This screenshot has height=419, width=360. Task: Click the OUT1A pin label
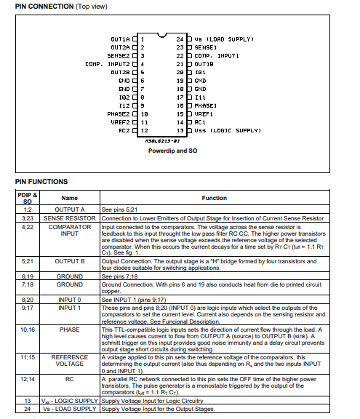(x=120, y=39)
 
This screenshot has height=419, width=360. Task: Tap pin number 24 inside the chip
(x=180, y=39)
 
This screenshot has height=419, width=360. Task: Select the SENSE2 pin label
(x=119, y=56)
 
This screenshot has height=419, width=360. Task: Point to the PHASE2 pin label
(x=119, y=114)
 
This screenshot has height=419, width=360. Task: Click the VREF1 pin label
(x=204, y=114)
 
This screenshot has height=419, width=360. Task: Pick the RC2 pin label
(x=124, y=131)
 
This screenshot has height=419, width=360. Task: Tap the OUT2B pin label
(x=120, y=73)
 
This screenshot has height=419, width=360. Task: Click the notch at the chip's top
(x=162, y=35)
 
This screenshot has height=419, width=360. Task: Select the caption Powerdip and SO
(x=173, y=151)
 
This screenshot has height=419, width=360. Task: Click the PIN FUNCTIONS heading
(x=41, y=182)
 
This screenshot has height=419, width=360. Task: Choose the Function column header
(x=215, y=198)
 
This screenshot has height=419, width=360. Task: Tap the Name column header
(x=69, y=198)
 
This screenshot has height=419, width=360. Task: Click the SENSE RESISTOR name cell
(x=69, y=218)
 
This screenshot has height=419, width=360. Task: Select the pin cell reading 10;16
(x=28, y=330)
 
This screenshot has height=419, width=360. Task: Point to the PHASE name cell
(x=69, y=330)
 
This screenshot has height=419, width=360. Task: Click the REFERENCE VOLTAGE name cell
(x=69, y=361)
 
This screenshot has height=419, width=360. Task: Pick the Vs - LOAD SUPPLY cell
(x=69, y=409)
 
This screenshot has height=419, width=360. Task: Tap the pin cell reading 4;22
(x=28, y=227)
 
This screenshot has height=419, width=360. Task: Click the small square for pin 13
(x=189, y=131)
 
